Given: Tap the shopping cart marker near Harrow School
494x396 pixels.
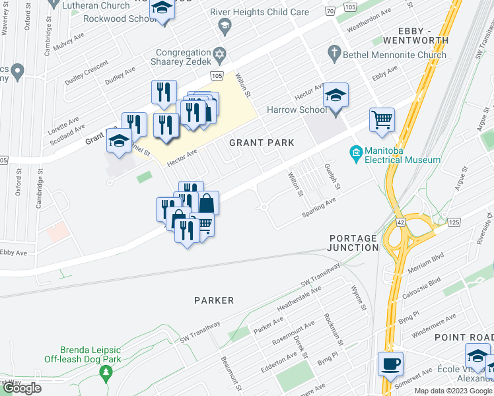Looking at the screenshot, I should tap(382, 120).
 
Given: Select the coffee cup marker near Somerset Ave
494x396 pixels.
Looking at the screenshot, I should tap(390, 364).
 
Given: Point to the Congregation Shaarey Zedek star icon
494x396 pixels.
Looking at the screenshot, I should tap(219, 53).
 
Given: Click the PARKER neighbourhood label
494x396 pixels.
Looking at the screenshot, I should tap(214, 300).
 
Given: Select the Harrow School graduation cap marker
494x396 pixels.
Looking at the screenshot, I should tap(335, 96).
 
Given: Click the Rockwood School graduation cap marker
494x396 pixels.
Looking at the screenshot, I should tap(160, 9).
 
